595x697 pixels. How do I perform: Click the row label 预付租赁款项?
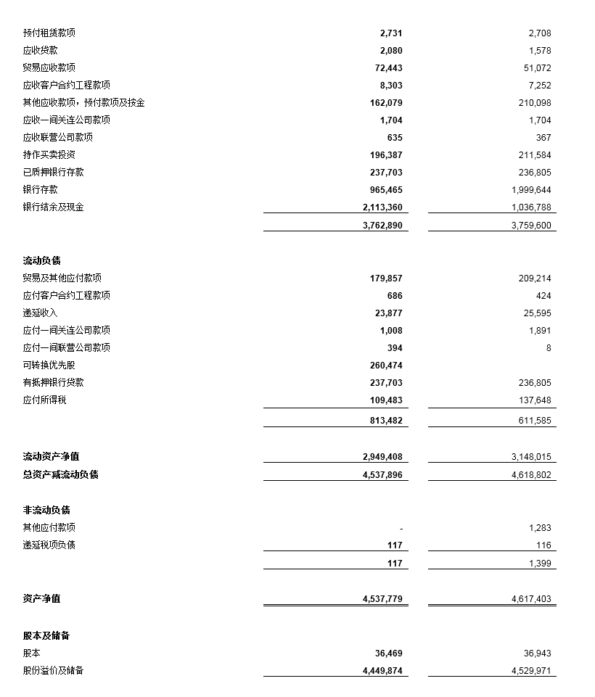[x=49, y=33]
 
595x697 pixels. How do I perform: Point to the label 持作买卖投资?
[x=49, y=155]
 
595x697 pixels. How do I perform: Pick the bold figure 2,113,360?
[x=382, y=207]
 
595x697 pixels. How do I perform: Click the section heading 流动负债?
[x=42, y=261]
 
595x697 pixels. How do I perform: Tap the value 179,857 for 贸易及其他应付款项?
[x=386, y=279]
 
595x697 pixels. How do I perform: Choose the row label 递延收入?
[x=41, y=313]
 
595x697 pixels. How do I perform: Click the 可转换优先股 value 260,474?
[x=386, y=366]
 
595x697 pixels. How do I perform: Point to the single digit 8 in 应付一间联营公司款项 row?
[x=549, y=348]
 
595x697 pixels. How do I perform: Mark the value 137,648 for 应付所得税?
[x=534, y=400]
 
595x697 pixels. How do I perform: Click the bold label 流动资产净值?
[x=52, y=457]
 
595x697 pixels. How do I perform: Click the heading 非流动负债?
[x=46, y=511]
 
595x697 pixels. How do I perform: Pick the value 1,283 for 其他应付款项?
[x=540, y=528]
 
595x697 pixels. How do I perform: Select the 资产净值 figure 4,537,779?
[x=382, y=599]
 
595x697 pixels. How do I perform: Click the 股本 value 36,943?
[x=537, y=653]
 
